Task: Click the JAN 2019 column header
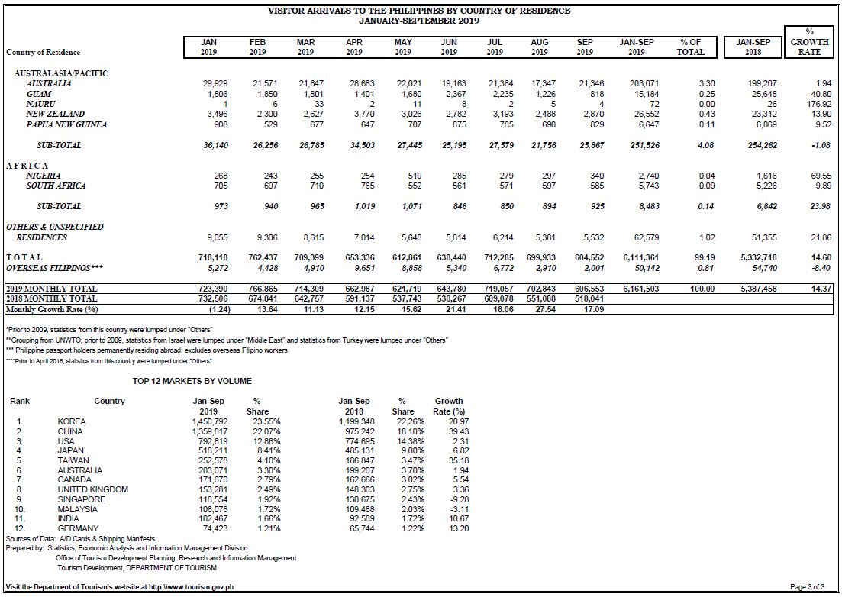click(209, 47)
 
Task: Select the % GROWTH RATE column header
click(808, 42)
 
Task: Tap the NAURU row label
click(40, 104)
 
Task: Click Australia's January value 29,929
click(215, 83)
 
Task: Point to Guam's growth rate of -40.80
click(819, 93)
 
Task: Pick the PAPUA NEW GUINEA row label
click(66, 124)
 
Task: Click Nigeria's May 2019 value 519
click(415, 176)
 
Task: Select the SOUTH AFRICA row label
click(56, 186)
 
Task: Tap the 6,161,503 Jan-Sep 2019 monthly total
click(640, 289)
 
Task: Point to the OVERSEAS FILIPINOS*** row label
click(55, 268)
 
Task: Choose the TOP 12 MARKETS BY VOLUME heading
click(192, 381)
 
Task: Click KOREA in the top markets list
click(72, 421)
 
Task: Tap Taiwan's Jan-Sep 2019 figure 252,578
click(213, 460)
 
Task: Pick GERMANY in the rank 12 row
click(79, 528)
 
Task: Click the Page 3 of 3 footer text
click(807, 587)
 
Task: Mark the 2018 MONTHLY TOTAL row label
click(52, 298)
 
